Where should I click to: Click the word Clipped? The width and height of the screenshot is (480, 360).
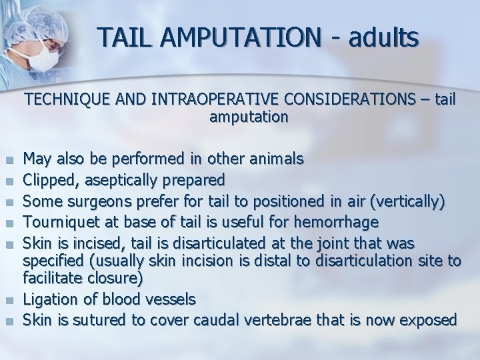coord(48,180)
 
